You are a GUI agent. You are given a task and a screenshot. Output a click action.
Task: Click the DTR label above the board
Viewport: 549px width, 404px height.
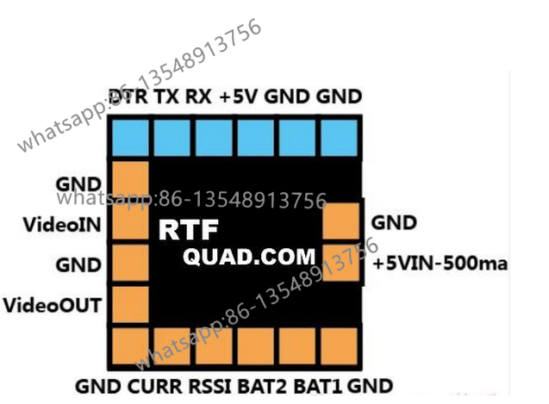pyautogui.click(x=128, y=96)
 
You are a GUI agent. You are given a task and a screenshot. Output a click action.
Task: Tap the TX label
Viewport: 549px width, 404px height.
pyautogui.click(x=166, y=96)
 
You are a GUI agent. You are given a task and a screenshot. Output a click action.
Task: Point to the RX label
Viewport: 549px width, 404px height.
pyautogui.click(x=198, y=96)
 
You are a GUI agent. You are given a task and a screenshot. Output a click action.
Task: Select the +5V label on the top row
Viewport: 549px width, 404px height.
pyautogui.click(x=239, y=96)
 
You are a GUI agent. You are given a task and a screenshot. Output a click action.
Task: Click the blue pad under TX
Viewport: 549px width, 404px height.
pyautogui.click(x=172, y=138)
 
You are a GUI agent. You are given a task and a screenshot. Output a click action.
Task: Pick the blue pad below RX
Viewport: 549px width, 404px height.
pyautogui.click(x=214, y=138)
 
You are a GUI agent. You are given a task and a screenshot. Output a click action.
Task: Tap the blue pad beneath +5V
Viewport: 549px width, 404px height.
pyautogui.click(x=256, y=138)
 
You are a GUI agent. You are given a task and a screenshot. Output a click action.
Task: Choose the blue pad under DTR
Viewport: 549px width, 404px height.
pyautogui.click(x=130, y=138)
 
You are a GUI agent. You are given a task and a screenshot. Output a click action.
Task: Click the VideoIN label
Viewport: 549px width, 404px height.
pyautogui.click(x=62, y=225)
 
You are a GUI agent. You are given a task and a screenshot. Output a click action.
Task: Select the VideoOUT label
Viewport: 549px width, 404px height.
pyautogui.click(x=53, y=305)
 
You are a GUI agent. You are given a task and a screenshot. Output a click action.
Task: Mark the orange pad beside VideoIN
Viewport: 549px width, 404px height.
pyautogui.click(x=130, y=221)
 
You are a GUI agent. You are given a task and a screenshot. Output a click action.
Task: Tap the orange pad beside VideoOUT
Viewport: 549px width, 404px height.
pyautogui.click(x=130, y=305)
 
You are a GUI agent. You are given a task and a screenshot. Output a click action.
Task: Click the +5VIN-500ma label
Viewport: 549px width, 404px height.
pyautogui.click(x=440, y=264)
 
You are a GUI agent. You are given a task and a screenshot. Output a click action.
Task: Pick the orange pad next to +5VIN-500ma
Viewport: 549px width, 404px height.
pyautogui.click(x=340, y=263)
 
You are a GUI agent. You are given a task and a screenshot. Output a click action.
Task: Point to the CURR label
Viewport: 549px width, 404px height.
pyautogui.click(x=155, y=387)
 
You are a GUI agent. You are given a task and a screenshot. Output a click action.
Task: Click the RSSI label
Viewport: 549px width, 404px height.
pyautogui.click(x=210, y=387)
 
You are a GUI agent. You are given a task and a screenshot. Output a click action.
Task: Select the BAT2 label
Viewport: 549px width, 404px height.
pyautogui.click(x=262, y=387)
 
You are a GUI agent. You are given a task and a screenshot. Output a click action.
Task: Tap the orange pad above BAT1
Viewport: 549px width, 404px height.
pyautogui.click(x=297, y=346)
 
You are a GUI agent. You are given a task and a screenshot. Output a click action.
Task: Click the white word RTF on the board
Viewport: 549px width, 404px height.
pyautogui.click(x=189, y=230)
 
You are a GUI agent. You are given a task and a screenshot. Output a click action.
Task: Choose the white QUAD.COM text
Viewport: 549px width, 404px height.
pyautogui.click(x=249, y=257)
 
